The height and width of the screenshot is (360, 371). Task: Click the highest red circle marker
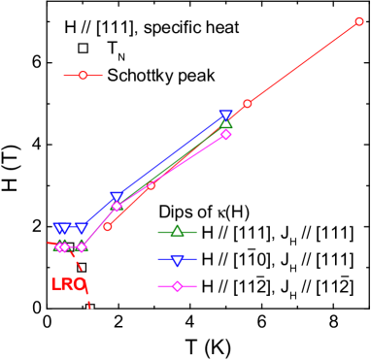(359, 21)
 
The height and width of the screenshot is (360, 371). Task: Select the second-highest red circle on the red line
(248, 103)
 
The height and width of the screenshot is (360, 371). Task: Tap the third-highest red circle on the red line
(151, 184)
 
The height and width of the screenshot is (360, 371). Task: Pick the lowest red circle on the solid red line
(107, 226)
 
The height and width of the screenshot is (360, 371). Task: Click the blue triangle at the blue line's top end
(225, 115)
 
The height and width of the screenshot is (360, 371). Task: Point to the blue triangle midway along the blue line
(117, 197)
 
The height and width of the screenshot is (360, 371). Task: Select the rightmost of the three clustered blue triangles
(82, 228)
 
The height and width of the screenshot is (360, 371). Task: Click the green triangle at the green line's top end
(225, 123)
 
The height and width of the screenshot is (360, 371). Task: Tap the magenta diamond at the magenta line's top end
(225, 134)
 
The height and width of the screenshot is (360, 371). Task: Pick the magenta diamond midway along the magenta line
(117, 206)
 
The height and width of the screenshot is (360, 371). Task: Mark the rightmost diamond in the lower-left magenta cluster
(82, 246)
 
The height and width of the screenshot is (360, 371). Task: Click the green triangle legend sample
(177, 232)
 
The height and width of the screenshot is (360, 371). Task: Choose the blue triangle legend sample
(177, 259)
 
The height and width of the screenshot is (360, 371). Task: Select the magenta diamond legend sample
(177, 286)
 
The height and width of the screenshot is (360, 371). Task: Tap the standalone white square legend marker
(83, 48)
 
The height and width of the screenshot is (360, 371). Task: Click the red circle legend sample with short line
(83, 75)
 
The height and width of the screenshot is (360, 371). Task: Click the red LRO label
(68, 284)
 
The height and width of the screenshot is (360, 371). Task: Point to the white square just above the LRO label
(82, 267)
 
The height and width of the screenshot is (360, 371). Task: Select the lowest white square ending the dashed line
(89, 306)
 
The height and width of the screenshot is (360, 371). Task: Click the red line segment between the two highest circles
(303, 62)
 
